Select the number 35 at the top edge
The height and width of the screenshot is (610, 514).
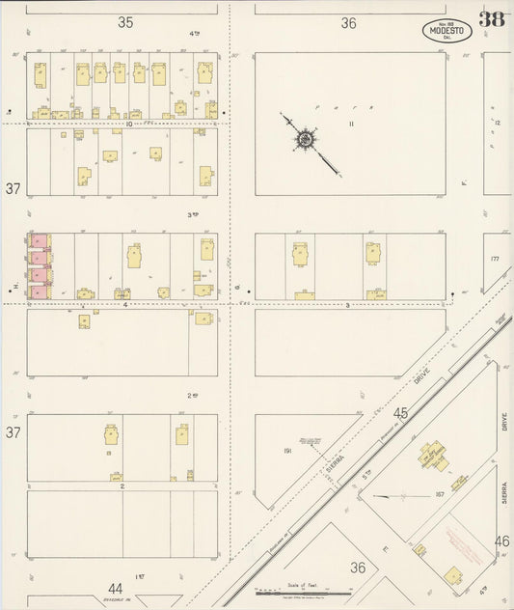click(125, 21)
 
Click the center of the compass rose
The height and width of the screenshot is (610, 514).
click(305, 140)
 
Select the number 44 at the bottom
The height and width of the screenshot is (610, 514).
click(116, 588)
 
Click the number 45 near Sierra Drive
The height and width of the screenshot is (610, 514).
click(401, 414)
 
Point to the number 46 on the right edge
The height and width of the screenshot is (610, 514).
click(501, 541)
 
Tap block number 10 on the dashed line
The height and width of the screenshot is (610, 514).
click(127, 124)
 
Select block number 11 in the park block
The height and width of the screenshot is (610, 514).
click(352, 124)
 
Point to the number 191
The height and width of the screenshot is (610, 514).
click(286, 451)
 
